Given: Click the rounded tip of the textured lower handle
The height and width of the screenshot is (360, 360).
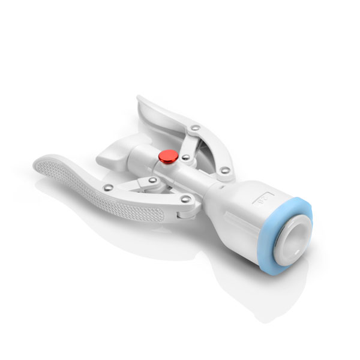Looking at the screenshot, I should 38,162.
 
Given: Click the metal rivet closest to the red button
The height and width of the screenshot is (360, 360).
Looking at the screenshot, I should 186,157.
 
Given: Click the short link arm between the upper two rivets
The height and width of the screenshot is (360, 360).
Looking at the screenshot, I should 189,142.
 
